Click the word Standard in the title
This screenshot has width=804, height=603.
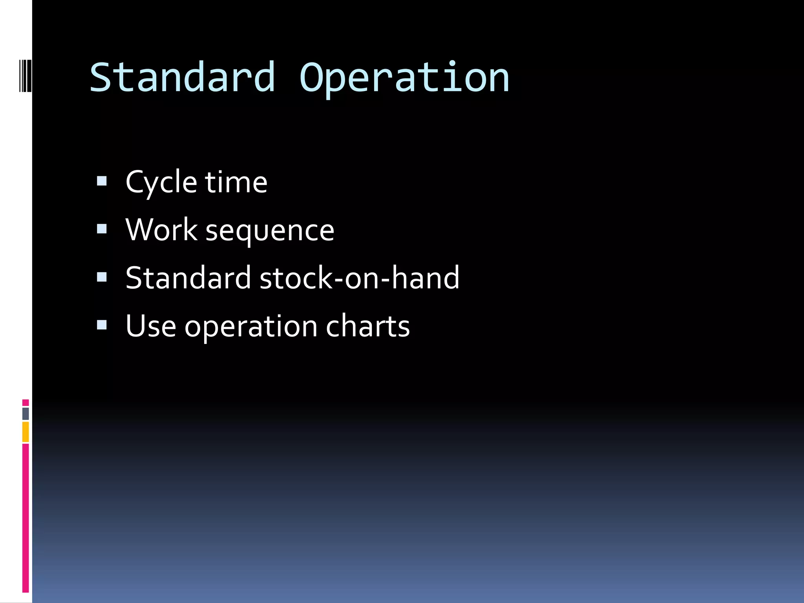182,78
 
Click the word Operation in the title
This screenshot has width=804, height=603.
404,78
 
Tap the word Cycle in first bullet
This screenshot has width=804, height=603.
161,183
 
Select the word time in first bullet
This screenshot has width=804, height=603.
236,183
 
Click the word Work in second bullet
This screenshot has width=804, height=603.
161,230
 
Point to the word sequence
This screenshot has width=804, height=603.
270,232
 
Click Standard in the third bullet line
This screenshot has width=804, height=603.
188,278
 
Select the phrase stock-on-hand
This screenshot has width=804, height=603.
359,278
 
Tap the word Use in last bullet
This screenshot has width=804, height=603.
151,326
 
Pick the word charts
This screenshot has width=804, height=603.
368,326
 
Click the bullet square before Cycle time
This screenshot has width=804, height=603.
102,181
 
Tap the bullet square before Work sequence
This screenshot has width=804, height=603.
102,229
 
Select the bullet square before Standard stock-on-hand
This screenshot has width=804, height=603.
102,277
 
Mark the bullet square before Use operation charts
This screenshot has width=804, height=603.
102,325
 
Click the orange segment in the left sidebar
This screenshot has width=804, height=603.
26,432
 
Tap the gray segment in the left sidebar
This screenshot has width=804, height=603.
26,413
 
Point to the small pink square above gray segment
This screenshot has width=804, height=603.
26,403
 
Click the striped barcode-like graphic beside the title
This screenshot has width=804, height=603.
26,76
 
